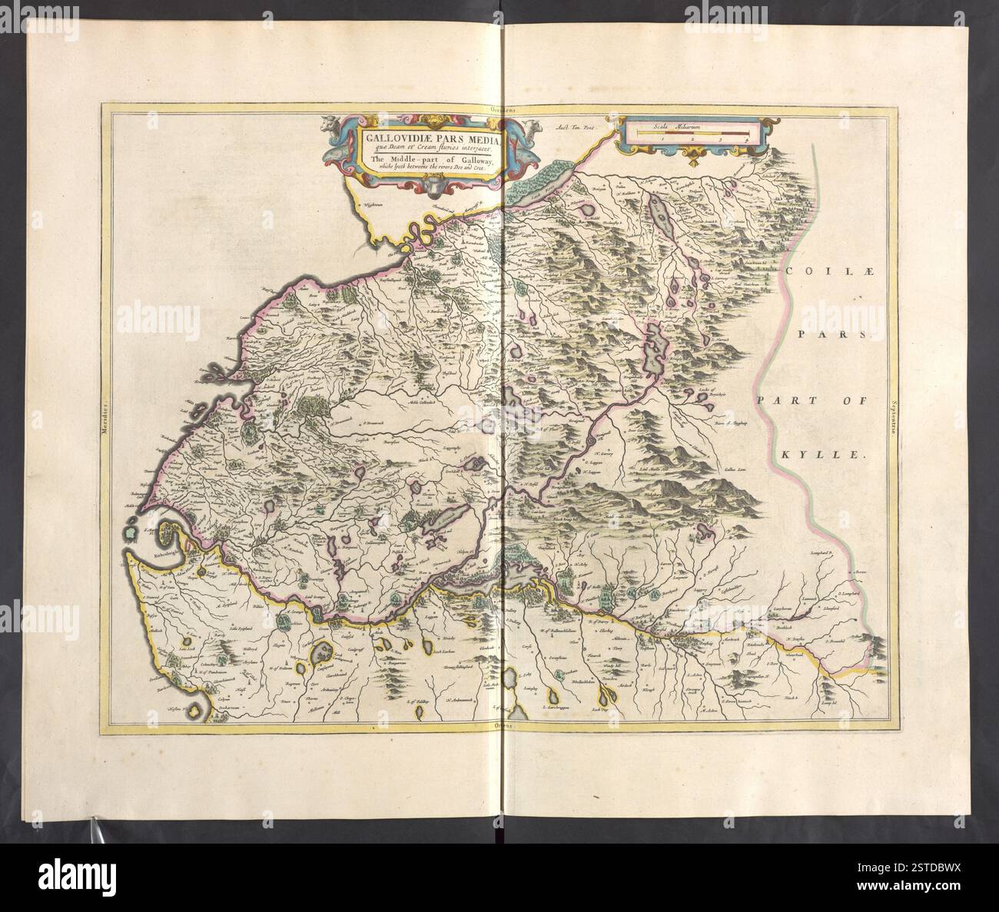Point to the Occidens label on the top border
point(500,110)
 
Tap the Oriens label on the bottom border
point(500,726)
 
